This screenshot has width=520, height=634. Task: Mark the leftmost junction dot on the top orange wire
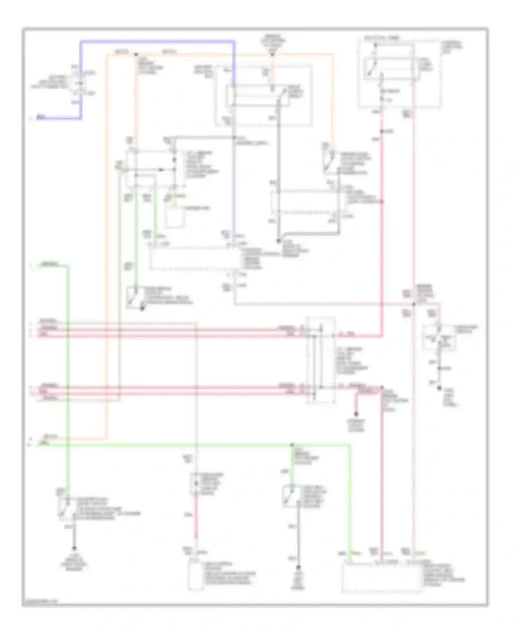point(136,54)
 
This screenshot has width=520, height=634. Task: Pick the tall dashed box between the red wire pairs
point(321,361)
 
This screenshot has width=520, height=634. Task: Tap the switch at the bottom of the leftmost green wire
point(66,509)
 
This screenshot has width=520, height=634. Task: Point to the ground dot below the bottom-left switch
point(74,549)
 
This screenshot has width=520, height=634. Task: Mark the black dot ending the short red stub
point(356,414)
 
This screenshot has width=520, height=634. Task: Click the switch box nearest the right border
point(439,337)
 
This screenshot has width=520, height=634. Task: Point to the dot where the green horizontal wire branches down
point(292,445)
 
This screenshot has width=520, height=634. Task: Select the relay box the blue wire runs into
point(258,95)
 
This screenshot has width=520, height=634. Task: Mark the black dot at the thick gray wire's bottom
point(278,241)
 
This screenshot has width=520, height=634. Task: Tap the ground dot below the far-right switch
point(439,388)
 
